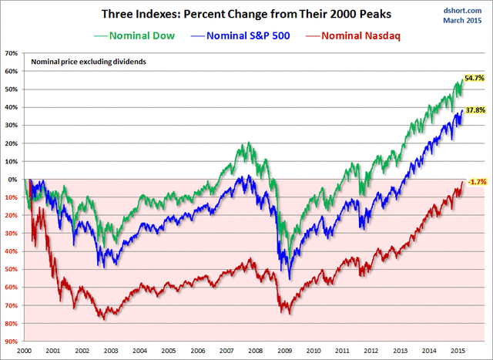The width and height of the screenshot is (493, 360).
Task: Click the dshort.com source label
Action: tap(462, 8)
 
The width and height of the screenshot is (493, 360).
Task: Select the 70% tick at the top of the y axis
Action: tap(12, 53)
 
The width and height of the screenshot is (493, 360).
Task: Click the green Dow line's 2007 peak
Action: tap(248, 143)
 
